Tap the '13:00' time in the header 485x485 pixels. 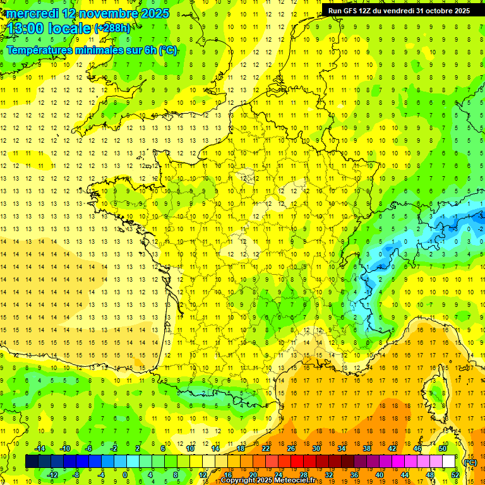coord(25,29)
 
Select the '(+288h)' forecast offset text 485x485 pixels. coord(112,28)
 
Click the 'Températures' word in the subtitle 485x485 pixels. coord(43,51)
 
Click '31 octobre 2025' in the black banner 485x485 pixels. coord(443,11)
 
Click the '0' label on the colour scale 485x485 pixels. coord(126,475)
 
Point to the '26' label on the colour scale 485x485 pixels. coord(291,448)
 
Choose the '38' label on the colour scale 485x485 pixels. coord(367,448)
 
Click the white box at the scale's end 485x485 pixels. coord(449,462)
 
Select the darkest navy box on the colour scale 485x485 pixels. coord(32,462)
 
